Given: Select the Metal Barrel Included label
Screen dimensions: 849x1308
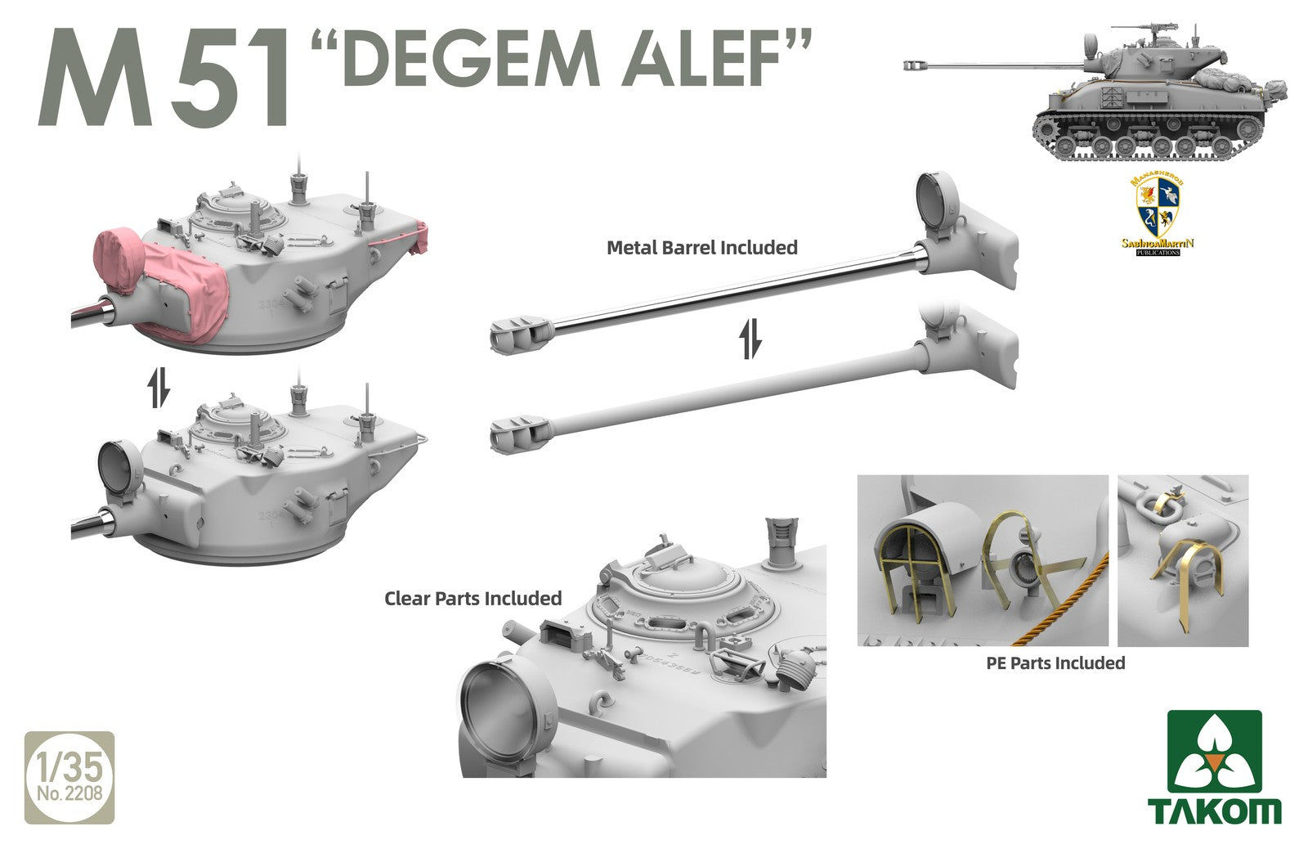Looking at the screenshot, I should click(x=701, y=247).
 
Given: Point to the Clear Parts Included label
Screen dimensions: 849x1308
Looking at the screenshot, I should click(x=473, y=598).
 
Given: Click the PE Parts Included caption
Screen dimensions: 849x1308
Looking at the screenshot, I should click(x=1055, y=663).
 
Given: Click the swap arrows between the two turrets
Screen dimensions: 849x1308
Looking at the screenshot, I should click(x=159, y=388).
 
